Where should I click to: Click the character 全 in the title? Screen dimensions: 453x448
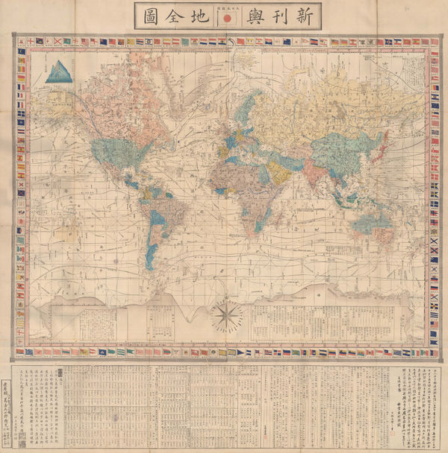(x=175, y=16)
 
